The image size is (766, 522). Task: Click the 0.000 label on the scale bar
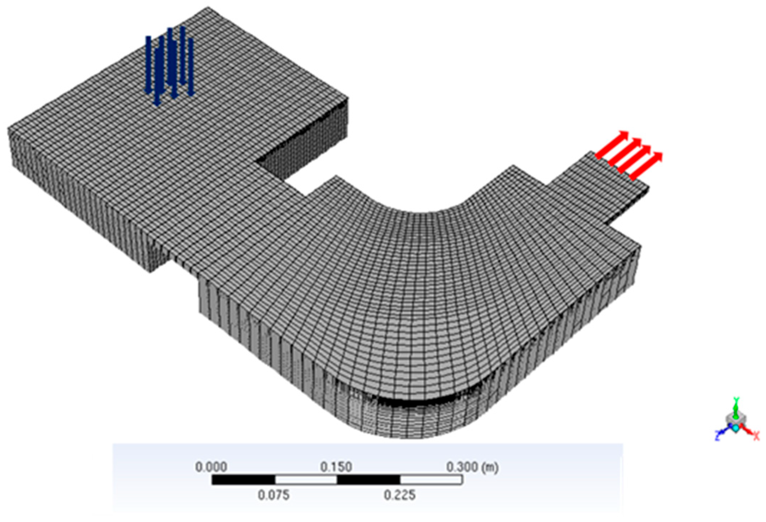coord(211,467)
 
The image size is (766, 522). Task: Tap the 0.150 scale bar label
coord(336,467)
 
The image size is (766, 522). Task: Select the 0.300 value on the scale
coord(462,467)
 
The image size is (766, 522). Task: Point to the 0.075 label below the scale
coord(274,495)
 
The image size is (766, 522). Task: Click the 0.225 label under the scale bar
coord(399,495)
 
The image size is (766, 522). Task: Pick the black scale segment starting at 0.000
coord(243,480)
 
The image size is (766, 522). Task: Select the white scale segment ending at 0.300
coord(431,480)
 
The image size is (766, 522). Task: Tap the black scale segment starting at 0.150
coord(369,480)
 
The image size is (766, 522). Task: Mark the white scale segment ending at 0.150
coord(306,480)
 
